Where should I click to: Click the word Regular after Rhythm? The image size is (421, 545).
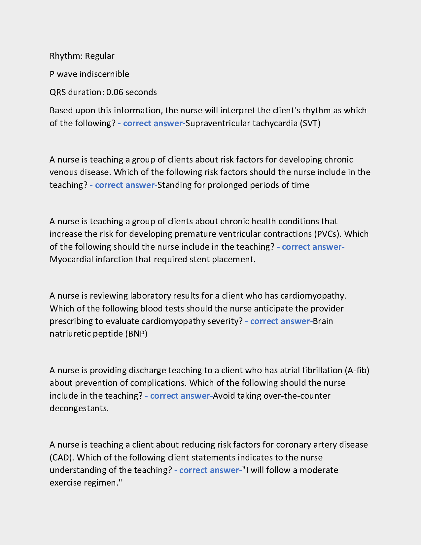click(100, 56)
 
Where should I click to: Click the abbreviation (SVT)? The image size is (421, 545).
click(310, 124)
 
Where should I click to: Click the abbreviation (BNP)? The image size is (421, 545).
click(136, 334)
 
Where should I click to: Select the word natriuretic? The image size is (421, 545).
click(70, 334)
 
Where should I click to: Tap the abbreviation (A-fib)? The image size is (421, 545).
click(357, 370)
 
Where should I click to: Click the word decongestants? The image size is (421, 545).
click(79, 408)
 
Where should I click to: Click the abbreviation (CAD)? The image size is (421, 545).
click(62, 458)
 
